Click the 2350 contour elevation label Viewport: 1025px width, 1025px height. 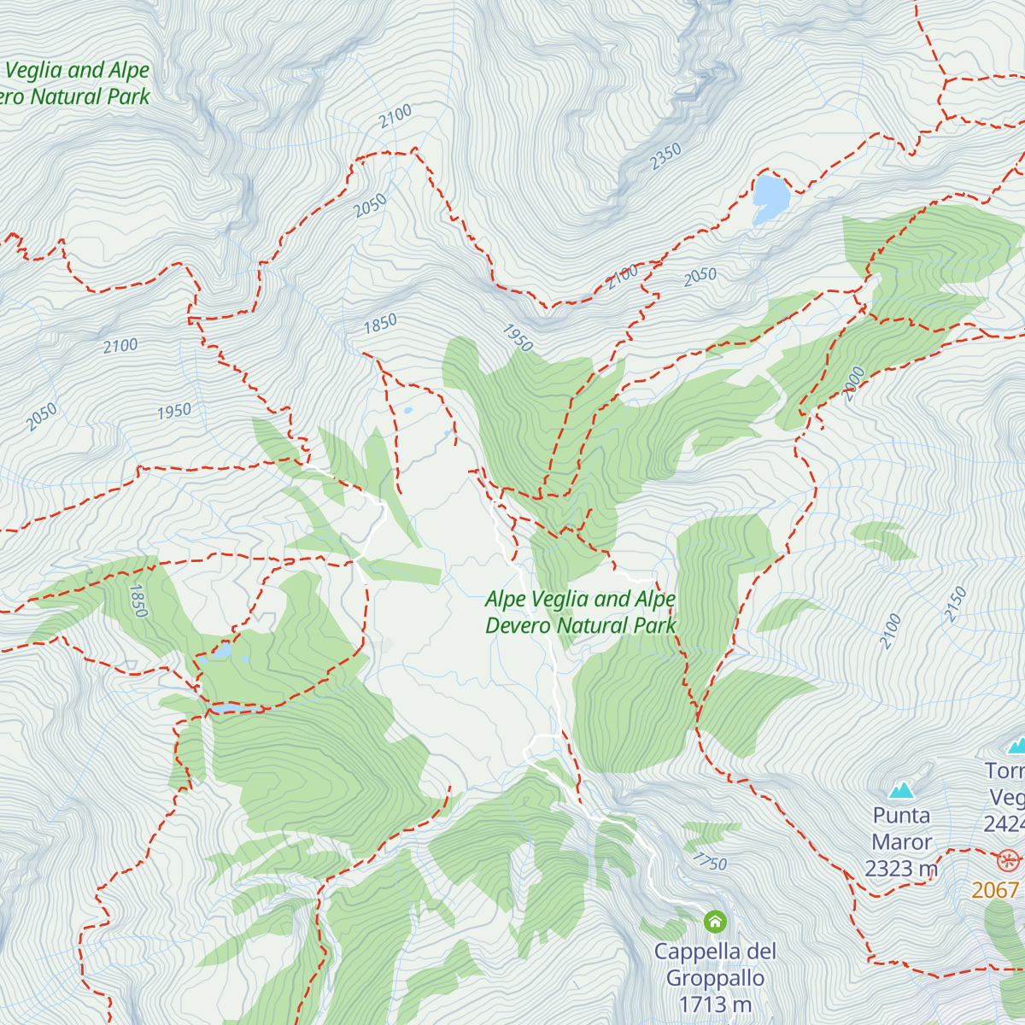tap(665, 156)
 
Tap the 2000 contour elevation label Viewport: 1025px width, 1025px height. tap(854, 384)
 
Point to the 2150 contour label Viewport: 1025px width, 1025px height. tap(955, 604)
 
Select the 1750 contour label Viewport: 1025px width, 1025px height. tap(709, 862)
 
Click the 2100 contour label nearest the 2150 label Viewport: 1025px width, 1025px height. tap(890, 631)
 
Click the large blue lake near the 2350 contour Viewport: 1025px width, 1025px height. tap(770, 196)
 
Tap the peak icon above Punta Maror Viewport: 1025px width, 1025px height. tap(901, 790)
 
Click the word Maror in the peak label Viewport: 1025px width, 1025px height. tap(901, 842)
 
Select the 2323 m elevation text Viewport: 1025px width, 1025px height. tap(901, 869)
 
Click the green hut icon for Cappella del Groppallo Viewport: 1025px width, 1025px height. tap(715, 922)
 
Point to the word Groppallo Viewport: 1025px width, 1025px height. tap(715, 978)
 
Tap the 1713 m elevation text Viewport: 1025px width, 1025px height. tap(715, 1004)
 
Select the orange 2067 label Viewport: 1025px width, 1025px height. tap(996, 890)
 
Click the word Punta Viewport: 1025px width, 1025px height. tap(901, 816)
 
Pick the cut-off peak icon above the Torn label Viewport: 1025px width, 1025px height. tap(1016, 747)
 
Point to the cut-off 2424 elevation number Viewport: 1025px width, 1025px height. tap(1004, 823)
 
